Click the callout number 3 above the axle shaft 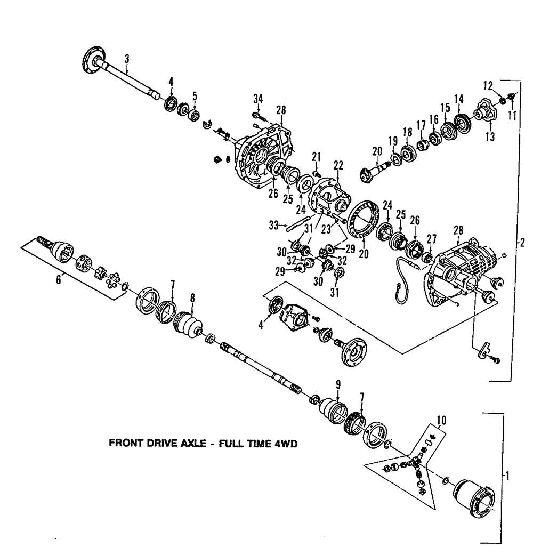pos(127,59)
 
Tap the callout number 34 pos(258,99)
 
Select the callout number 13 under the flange pos(489,137)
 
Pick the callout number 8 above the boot pos(192,299)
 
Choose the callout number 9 pos(338,383)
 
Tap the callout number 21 pos(316,156)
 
